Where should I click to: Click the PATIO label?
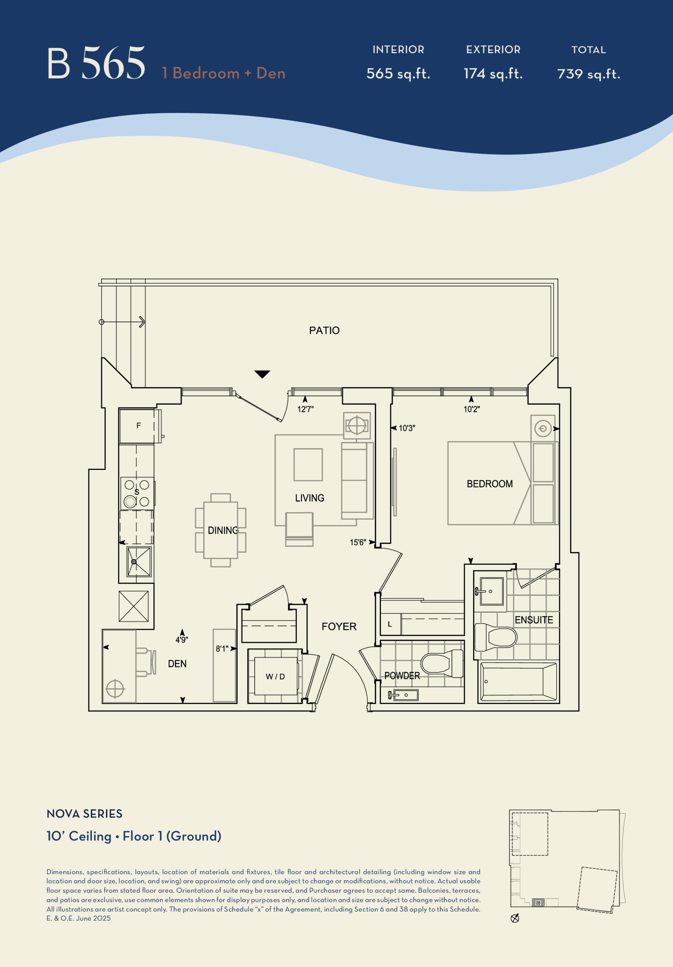[x=324, y=331]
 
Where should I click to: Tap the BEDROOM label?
[x=490, y=484]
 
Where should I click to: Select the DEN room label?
[x=177, y=664]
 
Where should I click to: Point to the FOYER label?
[x=339, y=627]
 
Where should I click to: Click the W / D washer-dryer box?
[x=275, y=677]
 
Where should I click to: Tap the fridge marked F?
[x=138, y=426]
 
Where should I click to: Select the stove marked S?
[x=137, y=493]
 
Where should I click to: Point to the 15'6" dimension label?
[x=357, y=542]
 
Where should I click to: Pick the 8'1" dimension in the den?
[x=222, y=649]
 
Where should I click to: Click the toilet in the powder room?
[x=442, y=663]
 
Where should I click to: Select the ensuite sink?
[x=491, y=591]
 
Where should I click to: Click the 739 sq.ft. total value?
[x=589, y=74]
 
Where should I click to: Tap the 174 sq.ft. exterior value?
[x=493, y=74]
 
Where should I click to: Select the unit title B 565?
[x=96, y=63]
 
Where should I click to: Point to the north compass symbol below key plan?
[x=515, y=918]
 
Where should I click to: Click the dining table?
[x=220, y=530]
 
